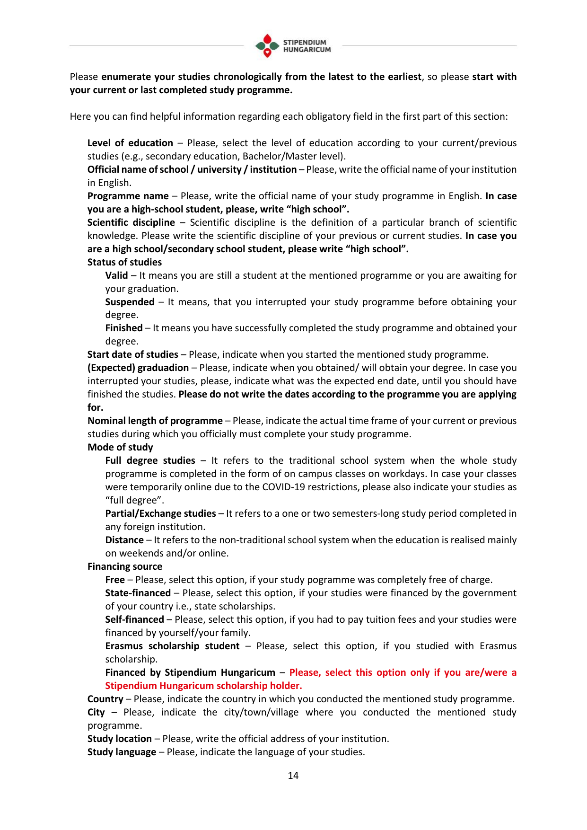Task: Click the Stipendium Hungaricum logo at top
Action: [293, 45]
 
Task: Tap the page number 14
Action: [293, 775]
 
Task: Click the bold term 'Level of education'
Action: [130, 143]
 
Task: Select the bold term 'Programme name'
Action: [128, 196]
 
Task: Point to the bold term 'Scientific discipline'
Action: [131, 222]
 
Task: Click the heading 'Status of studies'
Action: [124, 262]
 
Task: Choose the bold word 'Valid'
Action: [116, 275]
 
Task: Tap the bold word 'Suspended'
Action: [130, 302]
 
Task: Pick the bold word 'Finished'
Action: [124, 328]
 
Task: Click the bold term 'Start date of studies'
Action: [133, 354]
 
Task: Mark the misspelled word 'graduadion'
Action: [163, 368]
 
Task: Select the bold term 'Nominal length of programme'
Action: [155, 421]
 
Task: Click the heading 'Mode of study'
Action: [120, 447]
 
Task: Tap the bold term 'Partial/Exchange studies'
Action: [160, 513]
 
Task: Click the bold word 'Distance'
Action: [124, 540]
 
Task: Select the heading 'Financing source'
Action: [125, 566]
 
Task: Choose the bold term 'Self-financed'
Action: [134, 619]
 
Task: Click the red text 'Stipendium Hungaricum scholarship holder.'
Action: [203, 686]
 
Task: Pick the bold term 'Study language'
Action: [122, 752]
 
